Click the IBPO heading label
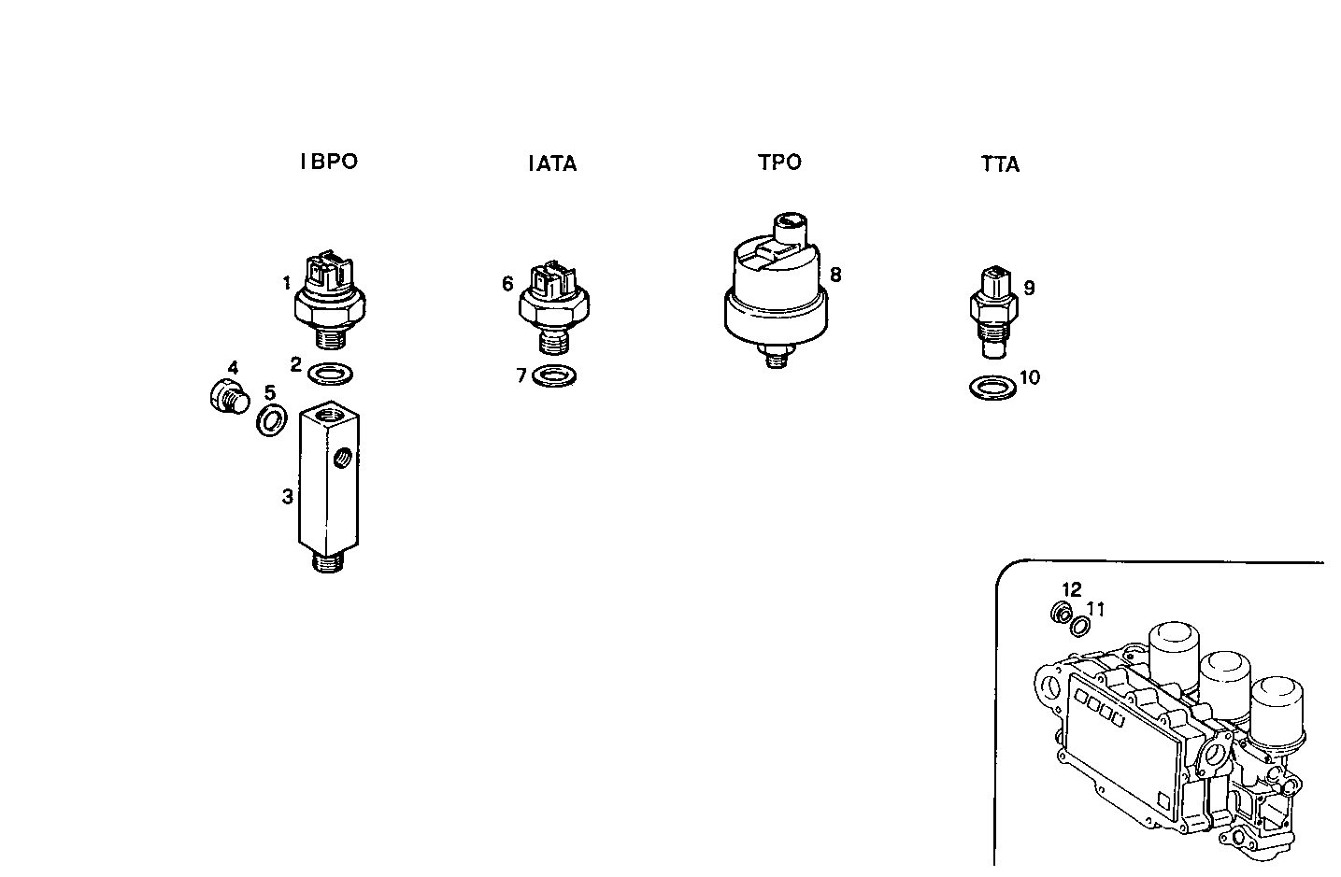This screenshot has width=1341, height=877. coord(328,162)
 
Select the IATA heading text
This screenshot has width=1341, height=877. coord(552,164)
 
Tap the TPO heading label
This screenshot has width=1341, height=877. coord(779,163)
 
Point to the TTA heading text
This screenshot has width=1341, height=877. coord(1000,165)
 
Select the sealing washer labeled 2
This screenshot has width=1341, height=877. coord(330,374)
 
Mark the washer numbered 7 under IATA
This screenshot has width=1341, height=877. coord(553,377)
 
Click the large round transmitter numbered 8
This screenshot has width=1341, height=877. coord(775,290)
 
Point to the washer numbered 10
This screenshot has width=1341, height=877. coord(991,388)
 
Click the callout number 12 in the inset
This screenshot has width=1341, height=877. coord(1072,590)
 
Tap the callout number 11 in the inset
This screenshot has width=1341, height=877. coord(1096,609)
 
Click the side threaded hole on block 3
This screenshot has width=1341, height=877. coord(344,458)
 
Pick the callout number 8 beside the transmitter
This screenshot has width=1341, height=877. coord(835,275)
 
